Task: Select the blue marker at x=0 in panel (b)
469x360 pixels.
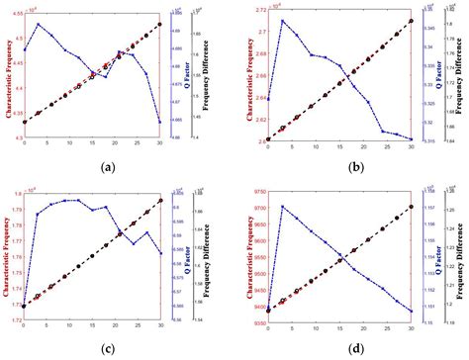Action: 268,99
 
